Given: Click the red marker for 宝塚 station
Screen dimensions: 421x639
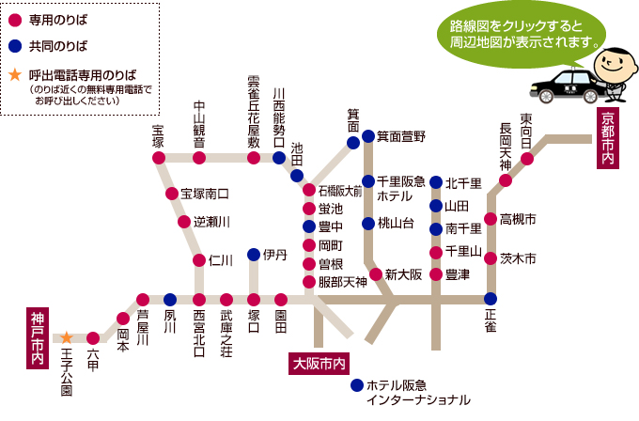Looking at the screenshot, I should (157, 158).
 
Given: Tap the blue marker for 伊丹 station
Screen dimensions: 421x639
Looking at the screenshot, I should (254, 254).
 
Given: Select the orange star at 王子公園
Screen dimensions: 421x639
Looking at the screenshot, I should (67, 336).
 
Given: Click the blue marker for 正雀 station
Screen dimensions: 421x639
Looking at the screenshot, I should (491, 299).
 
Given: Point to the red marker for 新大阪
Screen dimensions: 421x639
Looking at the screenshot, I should (376, 274).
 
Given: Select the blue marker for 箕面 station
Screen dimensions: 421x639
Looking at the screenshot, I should (352, 143).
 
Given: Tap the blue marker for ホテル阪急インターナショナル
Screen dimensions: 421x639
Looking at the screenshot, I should (355, 385).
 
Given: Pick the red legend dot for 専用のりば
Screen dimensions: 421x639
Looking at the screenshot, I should (15, 18).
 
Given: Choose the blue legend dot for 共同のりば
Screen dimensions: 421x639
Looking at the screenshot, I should (15, 44).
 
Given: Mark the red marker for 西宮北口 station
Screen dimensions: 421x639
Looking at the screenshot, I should (198, 300).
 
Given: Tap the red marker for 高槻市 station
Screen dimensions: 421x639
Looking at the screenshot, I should (491, 220).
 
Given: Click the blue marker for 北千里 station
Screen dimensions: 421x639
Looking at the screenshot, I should (436, 183).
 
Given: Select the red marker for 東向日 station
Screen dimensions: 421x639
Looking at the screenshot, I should (528, 158).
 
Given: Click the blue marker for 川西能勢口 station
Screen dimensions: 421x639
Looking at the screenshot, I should (279, 158).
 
